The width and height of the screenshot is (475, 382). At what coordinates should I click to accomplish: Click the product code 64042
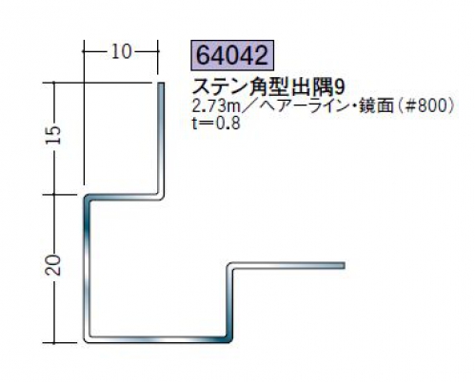click(x=232, y=55)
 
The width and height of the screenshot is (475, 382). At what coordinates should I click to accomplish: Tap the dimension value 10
click(x=121, y=51)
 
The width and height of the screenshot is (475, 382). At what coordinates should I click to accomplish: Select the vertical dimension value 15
click(x=53, y=135)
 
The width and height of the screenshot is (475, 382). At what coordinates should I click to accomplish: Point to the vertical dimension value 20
click(x=53, y=265)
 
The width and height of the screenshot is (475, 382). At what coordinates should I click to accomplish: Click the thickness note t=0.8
click(x=216, y=124)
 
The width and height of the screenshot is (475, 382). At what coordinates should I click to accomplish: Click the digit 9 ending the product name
click(x=339, y=87)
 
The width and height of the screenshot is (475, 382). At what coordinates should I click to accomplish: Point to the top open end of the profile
click(x=161, y=83)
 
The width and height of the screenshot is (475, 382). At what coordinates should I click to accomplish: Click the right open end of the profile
click(x=344, y=265)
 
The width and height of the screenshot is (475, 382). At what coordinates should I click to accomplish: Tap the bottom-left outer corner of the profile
click(x=86, y=341)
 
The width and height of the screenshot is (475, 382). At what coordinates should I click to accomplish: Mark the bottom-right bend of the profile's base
click(x=230, y=339)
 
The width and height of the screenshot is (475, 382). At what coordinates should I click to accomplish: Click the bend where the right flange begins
click(x=230, y=265)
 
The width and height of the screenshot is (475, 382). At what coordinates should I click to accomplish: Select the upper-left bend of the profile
click(x=86, y=198)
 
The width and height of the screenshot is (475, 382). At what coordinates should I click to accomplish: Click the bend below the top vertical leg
click(x=162, y=197)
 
